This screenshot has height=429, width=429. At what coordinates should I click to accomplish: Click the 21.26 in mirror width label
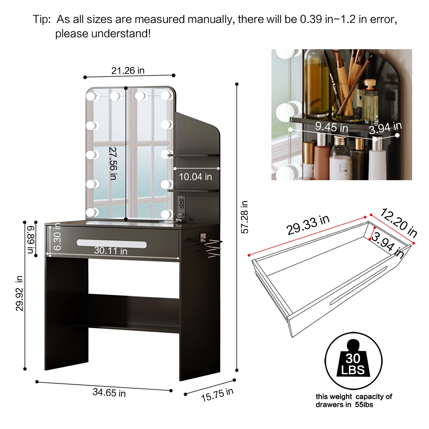point(128,71)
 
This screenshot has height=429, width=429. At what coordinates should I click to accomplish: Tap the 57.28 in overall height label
point(245,217)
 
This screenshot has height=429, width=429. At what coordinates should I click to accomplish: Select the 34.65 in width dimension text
point(109,392)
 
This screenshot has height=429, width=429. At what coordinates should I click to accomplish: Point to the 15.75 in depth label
point(217,395)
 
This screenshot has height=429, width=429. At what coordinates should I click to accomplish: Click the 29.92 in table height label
point(19,293)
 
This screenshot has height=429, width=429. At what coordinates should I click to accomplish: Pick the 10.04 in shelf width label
point(195,177)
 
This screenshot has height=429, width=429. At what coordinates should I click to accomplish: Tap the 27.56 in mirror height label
point(113,163)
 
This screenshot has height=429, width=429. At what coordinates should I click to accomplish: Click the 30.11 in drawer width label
point(111,251)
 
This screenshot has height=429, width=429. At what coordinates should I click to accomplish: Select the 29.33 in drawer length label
point(308,225)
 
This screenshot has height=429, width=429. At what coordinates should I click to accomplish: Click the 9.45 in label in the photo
point(331,127)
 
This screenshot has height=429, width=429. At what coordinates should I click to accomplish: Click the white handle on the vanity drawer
point(112,243)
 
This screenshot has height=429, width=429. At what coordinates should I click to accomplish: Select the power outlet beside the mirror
point(181,204)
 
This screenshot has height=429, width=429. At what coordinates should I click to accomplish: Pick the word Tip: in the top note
point(42,19)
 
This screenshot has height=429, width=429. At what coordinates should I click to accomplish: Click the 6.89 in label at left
point(31,240)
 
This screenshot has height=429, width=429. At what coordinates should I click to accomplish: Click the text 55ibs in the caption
point(364,405)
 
